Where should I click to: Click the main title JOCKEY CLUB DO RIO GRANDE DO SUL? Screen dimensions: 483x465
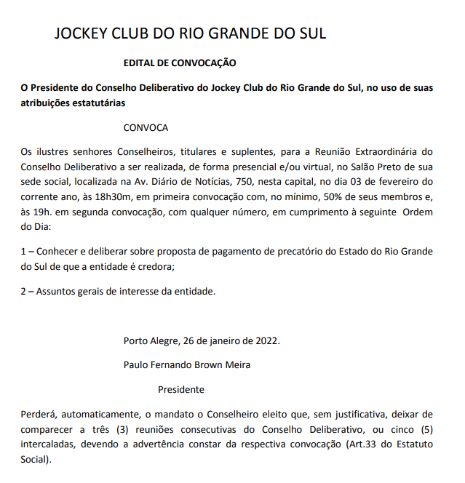click(x=190, y=33)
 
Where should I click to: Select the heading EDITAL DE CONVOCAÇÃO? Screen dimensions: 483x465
click(x=180, y=64)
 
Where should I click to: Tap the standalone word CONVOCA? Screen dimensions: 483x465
click(x=146, y=127)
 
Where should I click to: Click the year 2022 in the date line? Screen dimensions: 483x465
click(x=265, y=340)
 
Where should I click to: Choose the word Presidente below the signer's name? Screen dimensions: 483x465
click(x=181, y=389)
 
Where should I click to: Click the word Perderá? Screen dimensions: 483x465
click(x=41, y=414)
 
